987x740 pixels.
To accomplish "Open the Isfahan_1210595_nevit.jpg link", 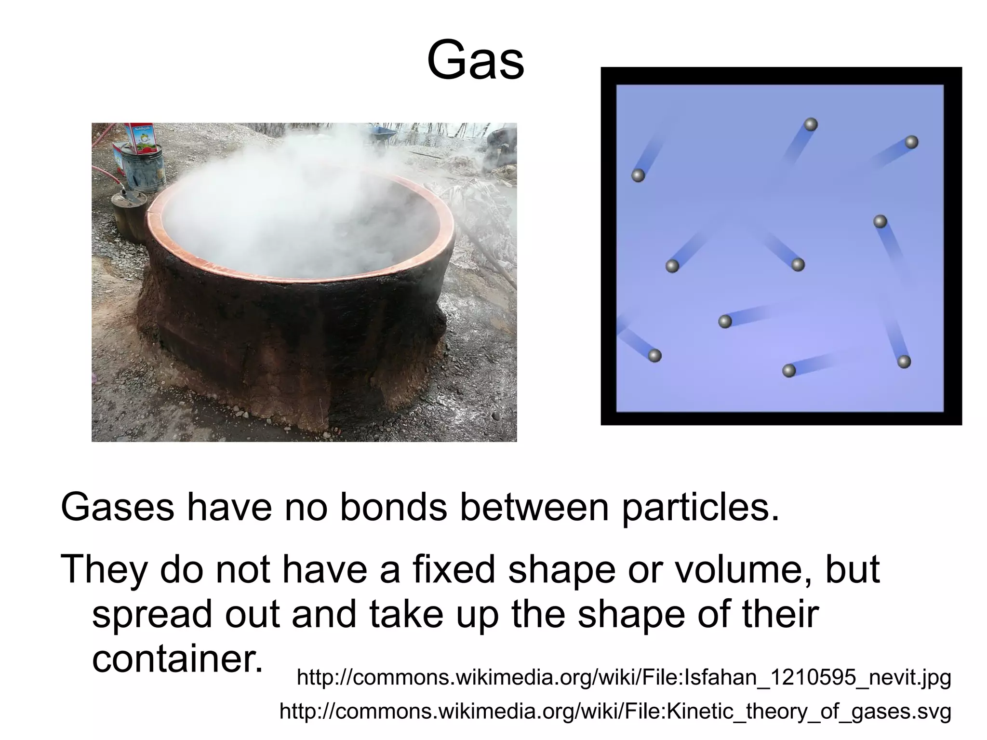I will point(624,677).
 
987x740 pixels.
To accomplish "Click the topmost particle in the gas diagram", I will point(811,124).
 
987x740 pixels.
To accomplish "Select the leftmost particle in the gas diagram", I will point(638,175).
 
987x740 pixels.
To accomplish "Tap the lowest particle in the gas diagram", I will point(789,371).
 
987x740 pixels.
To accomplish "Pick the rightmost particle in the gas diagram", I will point(911,142).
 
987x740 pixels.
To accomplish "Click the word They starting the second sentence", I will point(104,569).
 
